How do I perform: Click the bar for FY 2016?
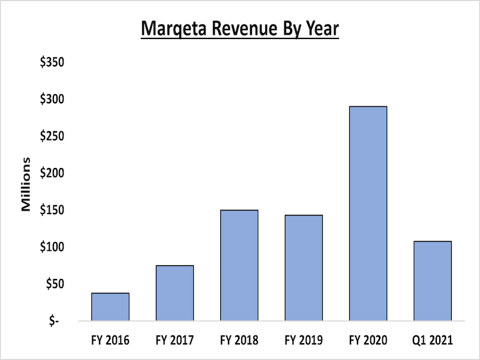[110, 307]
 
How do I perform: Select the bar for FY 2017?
[175, 293]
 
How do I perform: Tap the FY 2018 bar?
[239, 265]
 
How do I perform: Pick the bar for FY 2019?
[304, 268]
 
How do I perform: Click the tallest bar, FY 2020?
[368, 214]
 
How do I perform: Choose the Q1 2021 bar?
[432, 281]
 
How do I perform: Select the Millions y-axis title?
[26, 184]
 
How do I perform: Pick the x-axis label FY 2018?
[239, 340]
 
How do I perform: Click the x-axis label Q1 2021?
[432, 340]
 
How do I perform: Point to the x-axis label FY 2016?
[110, 340]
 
